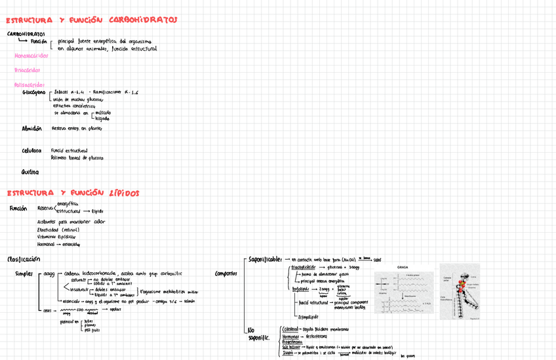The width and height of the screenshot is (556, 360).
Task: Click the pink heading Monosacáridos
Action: (31, 56)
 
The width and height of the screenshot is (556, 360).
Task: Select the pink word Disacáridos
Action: (27, 70)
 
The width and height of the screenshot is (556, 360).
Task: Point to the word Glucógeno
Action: (33, 92)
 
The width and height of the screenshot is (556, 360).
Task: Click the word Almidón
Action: (32, 129)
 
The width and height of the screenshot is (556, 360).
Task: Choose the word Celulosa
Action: (31, 151)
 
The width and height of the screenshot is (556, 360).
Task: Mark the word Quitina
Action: (30, 172)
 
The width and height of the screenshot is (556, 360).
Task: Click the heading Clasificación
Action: (24, 259)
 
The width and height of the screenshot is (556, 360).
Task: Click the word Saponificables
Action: (266, 259)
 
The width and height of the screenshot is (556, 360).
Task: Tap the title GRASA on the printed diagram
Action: (403, 267)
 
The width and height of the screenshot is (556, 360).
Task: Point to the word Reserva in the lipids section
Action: (46, 208)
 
